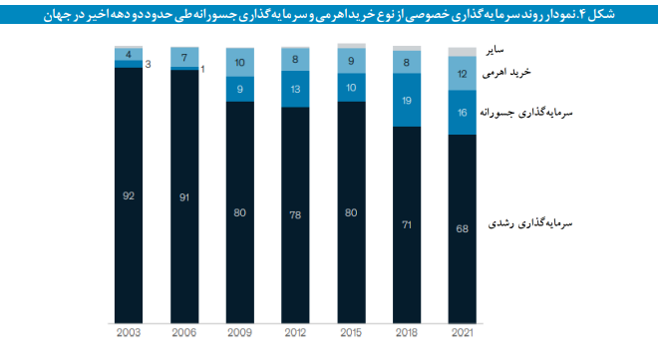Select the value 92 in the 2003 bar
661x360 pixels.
click(128, 195)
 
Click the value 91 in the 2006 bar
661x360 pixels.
click(183, 196)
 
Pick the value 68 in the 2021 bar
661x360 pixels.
click(462, 229)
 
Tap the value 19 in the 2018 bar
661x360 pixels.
click(407, 101)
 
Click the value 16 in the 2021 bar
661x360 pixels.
click(462, 113)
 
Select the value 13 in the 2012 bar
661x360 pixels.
click(295, 90)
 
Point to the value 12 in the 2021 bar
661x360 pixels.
click(462, 74)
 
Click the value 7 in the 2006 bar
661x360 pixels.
click(183, 58)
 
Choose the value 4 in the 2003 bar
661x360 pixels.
click(128, 55)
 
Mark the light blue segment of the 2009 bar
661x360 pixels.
click(239, 63)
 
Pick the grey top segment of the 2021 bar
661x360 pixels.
click(462, 51)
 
